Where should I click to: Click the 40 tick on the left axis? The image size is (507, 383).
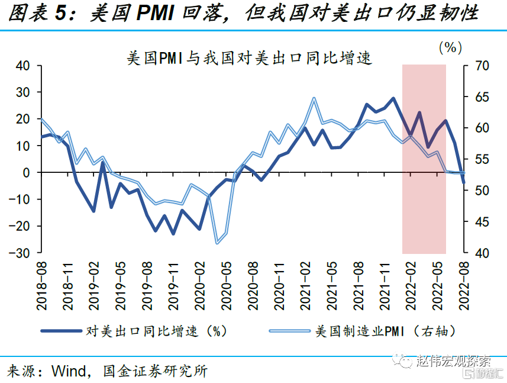tap(22, 66)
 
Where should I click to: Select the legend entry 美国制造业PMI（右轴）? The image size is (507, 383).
tap(385, 331)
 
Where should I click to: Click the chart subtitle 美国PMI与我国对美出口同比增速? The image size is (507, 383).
tap(249, 59)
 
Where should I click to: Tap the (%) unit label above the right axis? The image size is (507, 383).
tap(451, 47)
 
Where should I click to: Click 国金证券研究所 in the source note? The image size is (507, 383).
tap(155, 371)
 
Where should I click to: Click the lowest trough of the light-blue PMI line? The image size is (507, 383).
tap(217, 243)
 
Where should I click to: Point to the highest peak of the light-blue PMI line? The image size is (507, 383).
tap(314, 98)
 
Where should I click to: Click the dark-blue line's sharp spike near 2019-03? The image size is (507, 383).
tap(102, 162)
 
